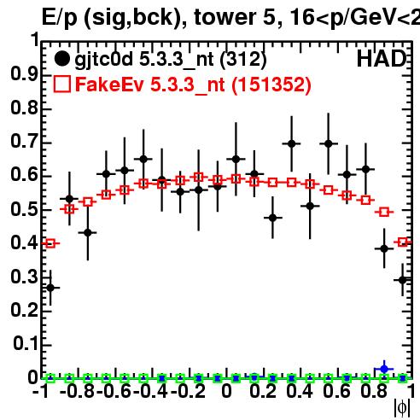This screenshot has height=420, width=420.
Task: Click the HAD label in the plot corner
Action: (x=382, y=59)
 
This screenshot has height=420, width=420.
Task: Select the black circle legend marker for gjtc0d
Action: (x=61, y=59)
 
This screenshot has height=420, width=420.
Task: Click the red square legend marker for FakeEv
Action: (x=61, y=85)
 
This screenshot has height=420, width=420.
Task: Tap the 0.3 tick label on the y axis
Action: (x=25, y=277)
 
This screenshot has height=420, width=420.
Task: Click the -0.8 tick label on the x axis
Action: (x=77, y=391)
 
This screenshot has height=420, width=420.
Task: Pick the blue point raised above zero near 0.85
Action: (x=384, y=369)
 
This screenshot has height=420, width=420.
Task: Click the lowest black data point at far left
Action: (x=50, y=288)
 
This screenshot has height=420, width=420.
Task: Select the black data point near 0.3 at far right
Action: (x=402, y=280)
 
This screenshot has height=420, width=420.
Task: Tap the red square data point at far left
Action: (x=50, y=243)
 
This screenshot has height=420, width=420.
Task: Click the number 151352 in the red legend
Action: (x=271, y=85)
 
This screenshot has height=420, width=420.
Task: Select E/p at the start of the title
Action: (x=60, y=18)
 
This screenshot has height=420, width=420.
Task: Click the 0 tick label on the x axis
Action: (x=226, y=391)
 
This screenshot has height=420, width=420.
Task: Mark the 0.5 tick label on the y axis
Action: (x=25, y=209)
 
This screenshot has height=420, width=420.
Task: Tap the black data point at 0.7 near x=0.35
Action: (x=291, y=143)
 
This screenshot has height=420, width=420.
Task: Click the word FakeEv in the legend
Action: (x=109, y=85)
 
